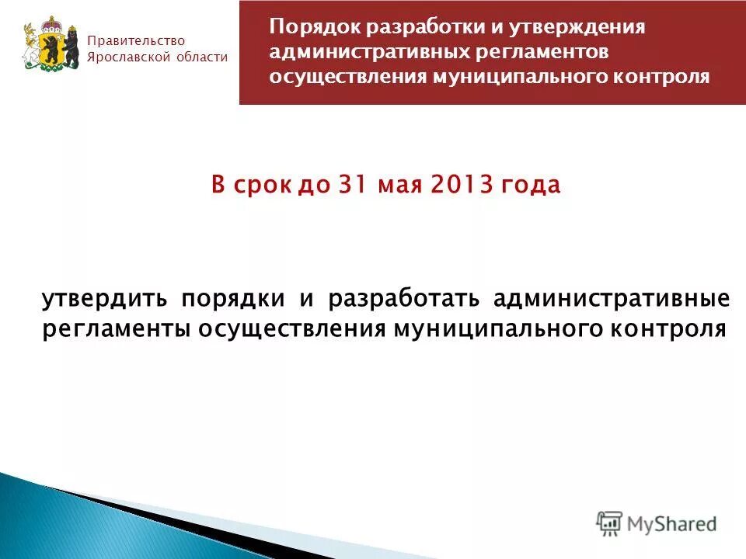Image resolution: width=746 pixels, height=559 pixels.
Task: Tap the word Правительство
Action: (137, 40)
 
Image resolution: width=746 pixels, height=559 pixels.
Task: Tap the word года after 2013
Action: (528, 186)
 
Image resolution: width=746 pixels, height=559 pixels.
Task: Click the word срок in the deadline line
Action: (263, 186)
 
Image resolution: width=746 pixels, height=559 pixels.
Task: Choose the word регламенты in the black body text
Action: (117, 328)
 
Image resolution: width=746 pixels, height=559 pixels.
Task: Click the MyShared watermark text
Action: (672, 524)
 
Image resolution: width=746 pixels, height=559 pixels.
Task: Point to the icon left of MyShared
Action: (609, 524)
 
